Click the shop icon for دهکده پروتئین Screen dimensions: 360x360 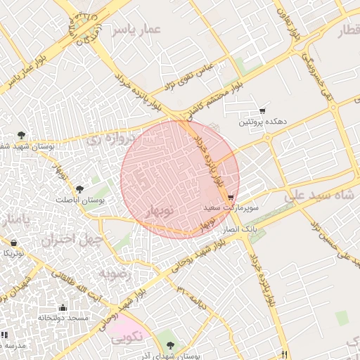(x=262, y=110)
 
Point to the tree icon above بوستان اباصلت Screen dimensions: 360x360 (x=79, y=188)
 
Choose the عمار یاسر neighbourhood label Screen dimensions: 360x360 (x=139, y=30)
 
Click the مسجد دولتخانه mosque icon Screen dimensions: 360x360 (x=63, y=307)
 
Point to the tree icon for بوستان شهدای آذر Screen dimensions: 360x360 (x=171, y=345)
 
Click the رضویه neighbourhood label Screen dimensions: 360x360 (x=112, y=271)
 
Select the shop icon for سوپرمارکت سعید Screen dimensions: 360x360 (x=231, y=198)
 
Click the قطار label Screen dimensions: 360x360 (x=349, y=32)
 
